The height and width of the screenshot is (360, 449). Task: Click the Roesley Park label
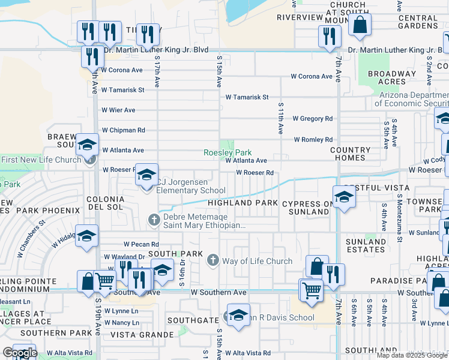tap(228, 152)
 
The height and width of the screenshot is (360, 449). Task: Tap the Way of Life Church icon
tap(212, 260)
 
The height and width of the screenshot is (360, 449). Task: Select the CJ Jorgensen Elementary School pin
tap(146, 175)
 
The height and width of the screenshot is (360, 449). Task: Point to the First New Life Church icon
tap(90, 159)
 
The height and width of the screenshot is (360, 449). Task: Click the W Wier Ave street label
tap(118, 110)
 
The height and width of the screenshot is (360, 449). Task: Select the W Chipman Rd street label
tap(123, 130)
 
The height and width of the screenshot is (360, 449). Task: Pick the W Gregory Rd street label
tap(312, 119)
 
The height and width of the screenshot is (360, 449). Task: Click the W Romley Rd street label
tap(313, 139)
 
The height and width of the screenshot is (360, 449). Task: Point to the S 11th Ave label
tap(280, 118)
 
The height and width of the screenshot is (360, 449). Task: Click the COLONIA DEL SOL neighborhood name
tap(106, 202)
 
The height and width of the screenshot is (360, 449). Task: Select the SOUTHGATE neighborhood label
tap(192, 320)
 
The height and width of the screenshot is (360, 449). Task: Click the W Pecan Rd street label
tap(141, 244)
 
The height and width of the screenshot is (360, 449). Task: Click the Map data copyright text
tap(412, 355)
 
